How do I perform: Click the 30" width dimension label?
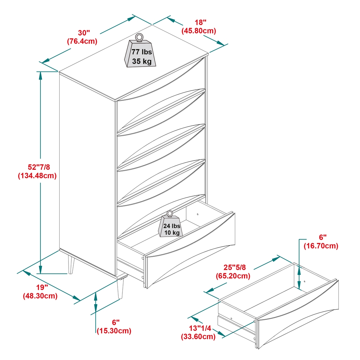(84, 33)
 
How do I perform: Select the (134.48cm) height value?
(37, 176)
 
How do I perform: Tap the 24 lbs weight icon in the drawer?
(170, 226)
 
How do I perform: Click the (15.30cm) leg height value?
(114, 331)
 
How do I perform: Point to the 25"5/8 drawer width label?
(233, 267)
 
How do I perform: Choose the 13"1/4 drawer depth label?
(199, 328)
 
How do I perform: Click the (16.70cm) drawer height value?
(321, 246)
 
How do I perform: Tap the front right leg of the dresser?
(120, 288)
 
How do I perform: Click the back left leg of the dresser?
(71, 264)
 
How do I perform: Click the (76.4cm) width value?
(82, 41)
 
